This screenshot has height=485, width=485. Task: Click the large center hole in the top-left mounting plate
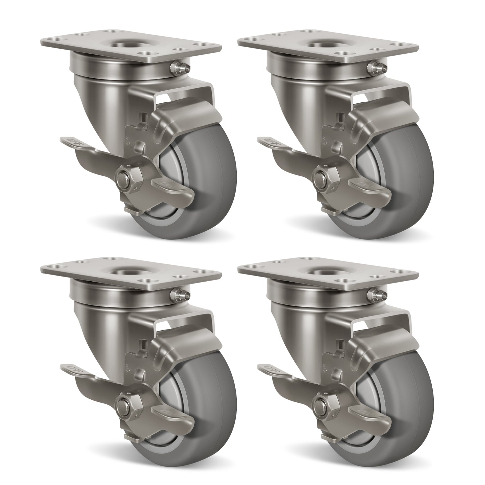(x=128, y=45)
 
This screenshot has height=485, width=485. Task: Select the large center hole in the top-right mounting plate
(x=326, y=45)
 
